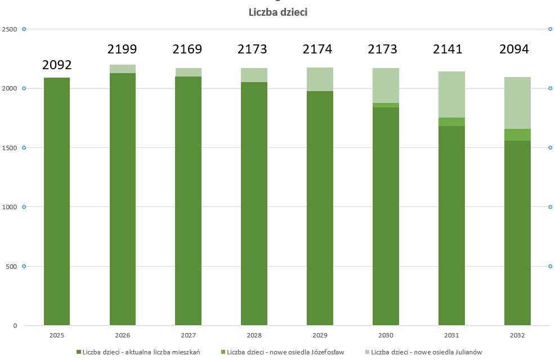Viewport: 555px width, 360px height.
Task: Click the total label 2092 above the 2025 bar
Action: [57, 65]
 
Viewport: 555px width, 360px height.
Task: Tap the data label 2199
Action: [122, 49]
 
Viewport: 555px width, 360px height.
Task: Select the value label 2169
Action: [187, 49]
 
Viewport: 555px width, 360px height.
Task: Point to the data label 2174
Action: [317, 49]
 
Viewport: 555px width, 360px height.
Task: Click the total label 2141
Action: [447, 49]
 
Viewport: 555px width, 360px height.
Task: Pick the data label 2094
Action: [514, 49]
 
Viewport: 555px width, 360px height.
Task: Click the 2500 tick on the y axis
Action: [10, 29]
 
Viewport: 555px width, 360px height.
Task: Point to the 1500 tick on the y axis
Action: [10, 147]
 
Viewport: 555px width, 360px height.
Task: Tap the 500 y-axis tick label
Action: [11, 266]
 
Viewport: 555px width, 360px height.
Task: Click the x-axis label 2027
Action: [188, 335]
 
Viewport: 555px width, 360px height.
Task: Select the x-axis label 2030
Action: [386, 335]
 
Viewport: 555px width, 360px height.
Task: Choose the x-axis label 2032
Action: [517, 335]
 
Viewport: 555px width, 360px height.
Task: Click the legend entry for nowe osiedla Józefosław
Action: [284, 352]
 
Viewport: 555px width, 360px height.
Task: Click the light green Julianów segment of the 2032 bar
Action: [517, 103]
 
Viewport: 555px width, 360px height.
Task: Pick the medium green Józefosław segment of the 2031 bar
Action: [451, 121]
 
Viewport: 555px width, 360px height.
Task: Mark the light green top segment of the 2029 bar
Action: [320, 79]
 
